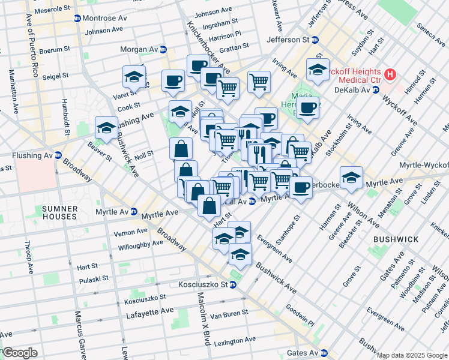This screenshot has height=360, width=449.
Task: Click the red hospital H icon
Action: tap(390, 75)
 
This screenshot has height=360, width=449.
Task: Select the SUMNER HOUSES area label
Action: tap(59, 212)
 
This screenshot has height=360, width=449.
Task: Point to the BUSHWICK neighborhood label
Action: tap(396, 239)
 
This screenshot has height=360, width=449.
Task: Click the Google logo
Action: tap(20, 353)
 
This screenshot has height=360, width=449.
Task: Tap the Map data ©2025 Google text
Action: tap(412, 355)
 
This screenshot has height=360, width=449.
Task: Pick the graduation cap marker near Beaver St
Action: tap(106, 127)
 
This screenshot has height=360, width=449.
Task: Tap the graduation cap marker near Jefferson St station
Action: tap(317, 70)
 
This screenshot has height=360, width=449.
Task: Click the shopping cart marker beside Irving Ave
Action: tap(259, 81)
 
